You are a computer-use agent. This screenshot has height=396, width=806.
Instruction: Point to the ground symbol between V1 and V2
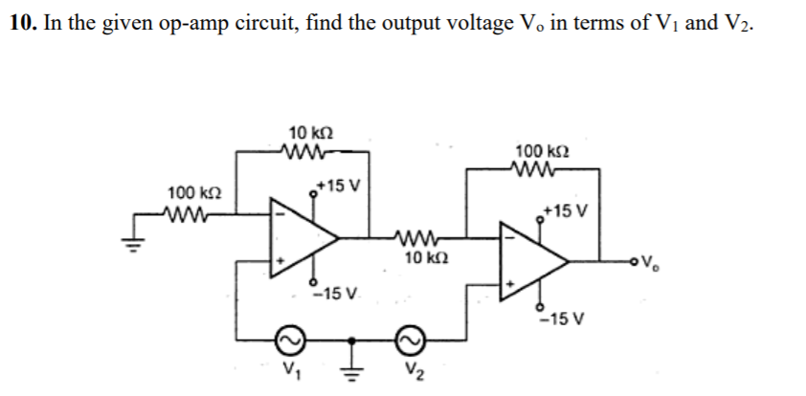[x=352, y=362]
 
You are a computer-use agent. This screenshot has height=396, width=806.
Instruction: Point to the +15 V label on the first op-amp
[x=336, y=184]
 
